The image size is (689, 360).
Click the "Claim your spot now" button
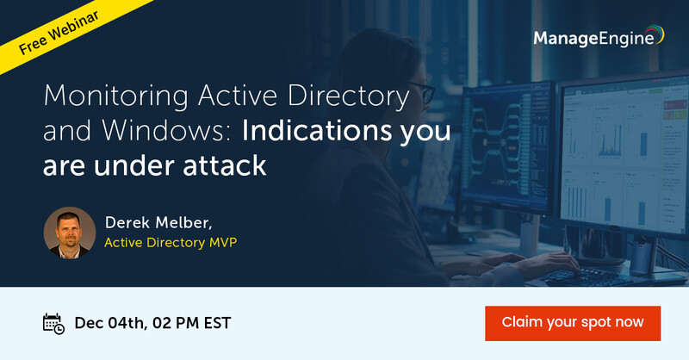(x=573, y=322)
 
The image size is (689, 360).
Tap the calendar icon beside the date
(x=53, y=323)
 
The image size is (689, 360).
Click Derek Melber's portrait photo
(x=69, y=232)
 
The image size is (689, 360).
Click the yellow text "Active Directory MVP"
(x=170, y=243)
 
